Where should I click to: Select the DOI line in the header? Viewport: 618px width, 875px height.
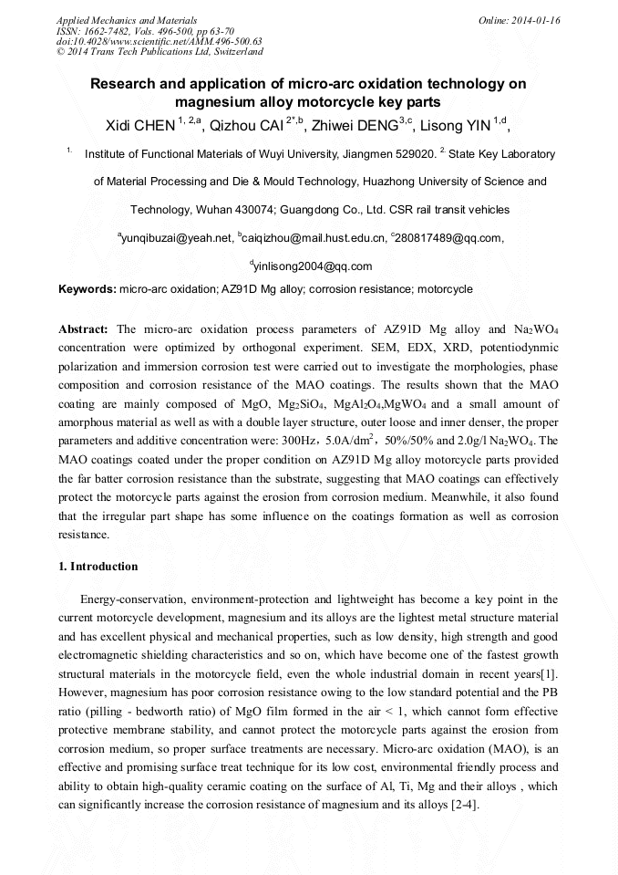159,41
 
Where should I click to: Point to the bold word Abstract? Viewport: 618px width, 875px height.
84,328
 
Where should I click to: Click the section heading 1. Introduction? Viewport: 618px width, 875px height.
98,567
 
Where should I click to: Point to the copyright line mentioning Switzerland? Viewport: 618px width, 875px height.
160,52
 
